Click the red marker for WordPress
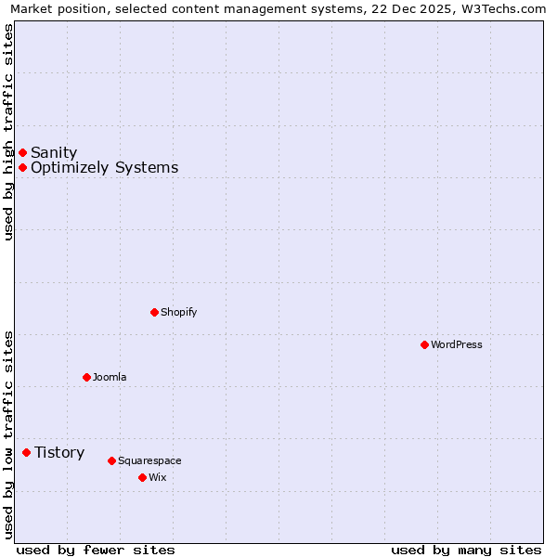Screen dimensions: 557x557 (x=424, y=344)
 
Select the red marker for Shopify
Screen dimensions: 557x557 (x=154, y=312)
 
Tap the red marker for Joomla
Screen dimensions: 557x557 (x=86, y=377)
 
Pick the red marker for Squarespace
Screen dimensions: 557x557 (x=111, y=460)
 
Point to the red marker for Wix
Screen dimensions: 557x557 (x=142, y=477)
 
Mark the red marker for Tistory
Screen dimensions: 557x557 (x=26, y=452)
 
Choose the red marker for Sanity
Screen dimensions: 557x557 (x=22, y=152)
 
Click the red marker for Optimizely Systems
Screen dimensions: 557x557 (x=22, y=167)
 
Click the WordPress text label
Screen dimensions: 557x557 (x=457, y=344)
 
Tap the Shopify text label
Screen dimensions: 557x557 (x=179, y=312)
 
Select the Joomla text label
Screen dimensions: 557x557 (x=110, y=377)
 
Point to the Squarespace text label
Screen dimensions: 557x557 (x=149, y=460)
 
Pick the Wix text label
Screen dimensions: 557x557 (x=157, y=477)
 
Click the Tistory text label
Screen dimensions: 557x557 (x=59, y=452)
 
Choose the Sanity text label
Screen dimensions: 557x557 (x=54, y=152)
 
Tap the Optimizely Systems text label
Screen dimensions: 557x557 (x=104, y=167)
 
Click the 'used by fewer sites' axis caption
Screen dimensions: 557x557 (x=96, y=550)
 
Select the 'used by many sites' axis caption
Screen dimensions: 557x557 (x=466, y=550)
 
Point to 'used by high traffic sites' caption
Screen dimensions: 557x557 (x=8, y=132)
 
